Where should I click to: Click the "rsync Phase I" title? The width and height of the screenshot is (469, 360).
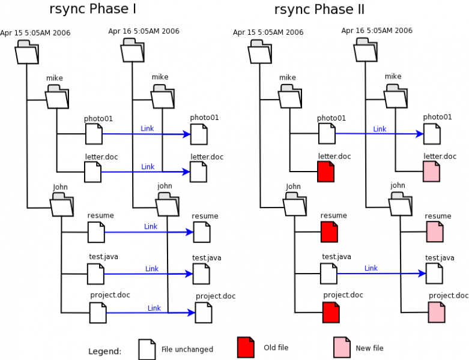pos(92,10)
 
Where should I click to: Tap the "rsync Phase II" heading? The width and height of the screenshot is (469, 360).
pos(319,10)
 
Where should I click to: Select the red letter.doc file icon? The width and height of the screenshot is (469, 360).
pos(325,172)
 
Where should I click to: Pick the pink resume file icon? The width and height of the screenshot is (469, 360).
pos(435,232)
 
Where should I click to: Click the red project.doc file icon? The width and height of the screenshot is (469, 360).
pos(331,312)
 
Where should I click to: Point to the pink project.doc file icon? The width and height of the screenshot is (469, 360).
pos(437,312)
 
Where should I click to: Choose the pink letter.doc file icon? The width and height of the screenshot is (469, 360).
pos(431,172)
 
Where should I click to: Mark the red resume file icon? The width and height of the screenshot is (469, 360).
pos(329,232)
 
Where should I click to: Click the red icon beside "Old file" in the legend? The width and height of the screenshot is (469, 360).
pos(246,347)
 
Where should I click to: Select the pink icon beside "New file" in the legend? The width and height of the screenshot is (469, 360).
pos(342,347)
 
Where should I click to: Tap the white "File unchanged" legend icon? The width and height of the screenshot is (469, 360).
pos(147,349)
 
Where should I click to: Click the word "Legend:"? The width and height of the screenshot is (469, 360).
pos(104,351)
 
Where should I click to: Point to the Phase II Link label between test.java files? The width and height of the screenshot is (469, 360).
pos(371,268)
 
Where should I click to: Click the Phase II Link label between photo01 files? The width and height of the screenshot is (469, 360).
pos(380,129)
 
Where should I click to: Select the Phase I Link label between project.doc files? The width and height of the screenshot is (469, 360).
pos(154,308)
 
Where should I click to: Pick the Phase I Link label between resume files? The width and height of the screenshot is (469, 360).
pos(151,226)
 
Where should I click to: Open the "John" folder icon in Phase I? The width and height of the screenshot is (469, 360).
pos(61,206)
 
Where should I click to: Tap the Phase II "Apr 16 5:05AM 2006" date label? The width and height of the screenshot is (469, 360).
pos(377,31)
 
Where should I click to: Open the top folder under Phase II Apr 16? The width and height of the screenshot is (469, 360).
pos(365,50)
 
